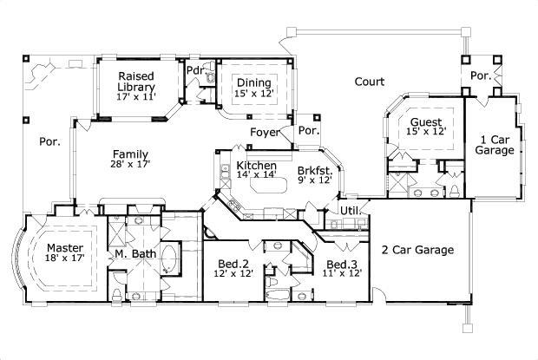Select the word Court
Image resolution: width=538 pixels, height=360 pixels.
(x=370, y=82)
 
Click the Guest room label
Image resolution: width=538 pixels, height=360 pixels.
(x=426, y=122)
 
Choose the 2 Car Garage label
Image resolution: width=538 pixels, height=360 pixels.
(x=417, y=250)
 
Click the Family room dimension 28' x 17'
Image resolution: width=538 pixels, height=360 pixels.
(x=129, y=163)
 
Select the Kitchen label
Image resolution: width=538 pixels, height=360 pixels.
(x=257, y=165)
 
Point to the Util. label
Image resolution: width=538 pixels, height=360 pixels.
(x=349, y=210)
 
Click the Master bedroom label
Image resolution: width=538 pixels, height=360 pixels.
(x=64, y=246)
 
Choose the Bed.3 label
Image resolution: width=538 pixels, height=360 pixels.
(x=342, y=263)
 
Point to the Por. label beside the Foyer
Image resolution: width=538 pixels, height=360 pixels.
(x=309, y=131)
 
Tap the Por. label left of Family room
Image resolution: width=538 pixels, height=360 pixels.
(x=49, y=141)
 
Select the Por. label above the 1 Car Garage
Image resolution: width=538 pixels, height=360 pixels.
(x=481, y=75)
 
